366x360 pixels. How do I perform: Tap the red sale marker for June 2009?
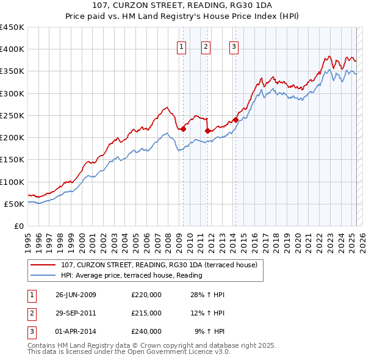click(183, 129)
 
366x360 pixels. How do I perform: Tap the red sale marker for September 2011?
click(207, 131)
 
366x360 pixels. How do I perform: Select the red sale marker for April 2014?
click(235, 120)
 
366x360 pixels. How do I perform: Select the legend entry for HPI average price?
click(132, 275)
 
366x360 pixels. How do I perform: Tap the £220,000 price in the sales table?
click(146, 295)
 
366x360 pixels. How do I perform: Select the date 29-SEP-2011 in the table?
click(76, 313)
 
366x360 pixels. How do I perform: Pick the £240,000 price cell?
click(146, 331)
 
